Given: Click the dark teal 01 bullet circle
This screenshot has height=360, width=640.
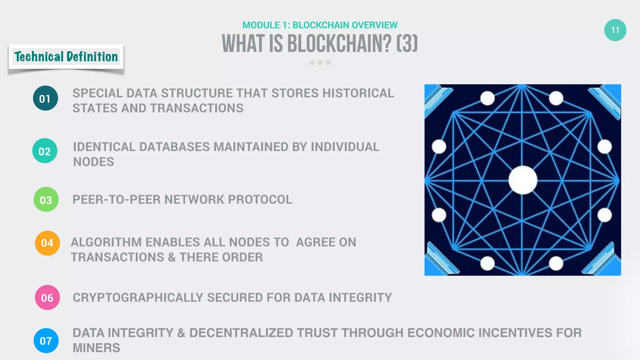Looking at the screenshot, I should tap(45, 98).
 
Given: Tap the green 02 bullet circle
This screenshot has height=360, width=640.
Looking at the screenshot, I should tap(45, 151).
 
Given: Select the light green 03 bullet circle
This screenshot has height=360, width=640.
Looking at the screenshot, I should tap(46, 199).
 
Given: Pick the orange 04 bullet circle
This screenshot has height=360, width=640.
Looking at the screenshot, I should tap(47, 243).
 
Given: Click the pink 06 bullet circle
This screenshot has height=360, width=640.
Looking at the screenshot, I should tap(47, 297).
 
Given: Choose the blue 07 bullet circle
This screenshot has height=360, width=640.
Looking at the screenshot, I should tap(46, 341).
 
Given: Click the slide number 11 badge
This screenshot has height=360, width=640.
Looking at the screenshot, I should tap(615, 30).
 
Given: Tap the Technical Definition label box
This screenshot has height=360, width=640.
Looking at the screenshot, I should tap(66, 57).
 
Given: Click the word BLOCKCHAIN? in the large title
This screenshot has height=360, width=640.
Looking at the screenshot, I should tap(339, 44).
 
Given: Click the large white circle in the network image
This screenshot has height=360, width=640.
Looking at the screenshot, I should tap(523, 180).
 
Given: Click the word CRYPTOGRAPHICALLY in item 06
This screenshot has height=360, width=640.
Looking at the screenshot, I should tap(138, 297).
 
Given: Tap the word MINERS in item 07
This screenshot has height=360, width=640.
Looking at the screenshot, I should tap(96, 348).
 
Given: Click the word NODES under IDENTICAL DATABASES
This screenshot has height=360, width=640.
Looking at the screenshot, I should tap(93, 162).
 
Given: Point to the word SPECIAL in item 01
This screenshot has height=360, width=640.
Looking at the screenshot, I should tap(97, 93).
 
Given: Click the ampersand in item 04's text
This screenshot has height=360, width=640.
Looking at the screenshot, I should tap(172, 257).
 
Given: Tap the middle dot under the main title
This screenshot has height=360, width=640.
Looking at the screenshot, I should tap(320, 62).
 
